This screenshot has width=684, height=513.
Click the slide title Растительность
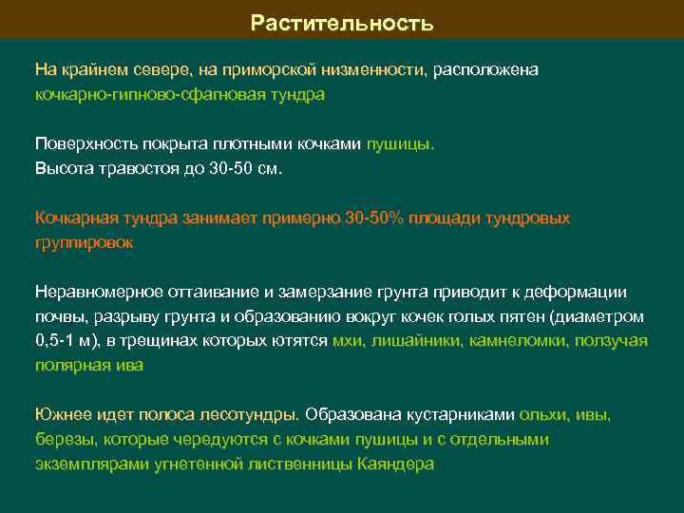click(342, 22)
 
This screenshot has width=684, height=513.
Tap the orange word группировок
click(84, 243)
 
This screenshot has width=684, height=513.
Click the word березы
click(63, 440)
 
